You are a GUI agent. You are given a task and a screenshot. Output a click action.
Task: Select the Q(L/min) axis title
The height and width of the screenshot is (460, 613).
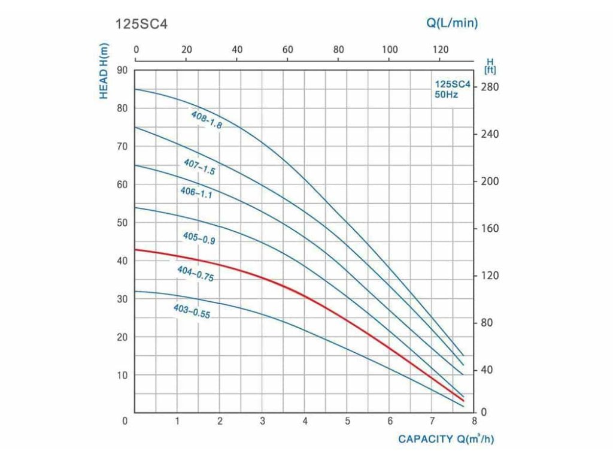pos(452,23)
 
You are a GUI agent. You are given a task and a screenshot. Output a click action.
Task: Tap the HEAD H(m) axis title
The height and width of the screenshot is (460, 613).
pos(104,71)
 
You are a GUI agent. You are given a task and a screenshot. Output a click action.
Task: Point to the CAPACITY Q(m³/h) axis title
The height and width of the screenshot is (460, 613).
pos(447,439)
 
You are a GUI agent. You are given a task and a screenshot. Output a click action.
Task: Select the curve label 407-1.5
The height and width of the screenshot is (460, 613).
pos(199,167)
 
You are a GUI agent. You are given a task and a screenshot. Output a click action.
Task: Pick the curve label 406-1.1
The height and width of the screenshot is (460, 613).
pos(196,192)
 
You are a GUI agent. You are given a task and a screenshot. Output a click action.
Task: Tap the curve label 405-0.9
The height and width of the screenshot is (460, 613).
pos(199,238)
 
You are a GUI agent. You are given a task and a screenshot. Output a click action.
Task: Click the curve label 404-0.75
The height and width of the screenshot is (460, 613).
pos(196,274)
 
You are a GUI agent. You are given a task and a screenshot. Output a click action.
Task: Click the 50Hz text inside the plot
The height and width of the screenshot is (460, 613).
pos(446,95)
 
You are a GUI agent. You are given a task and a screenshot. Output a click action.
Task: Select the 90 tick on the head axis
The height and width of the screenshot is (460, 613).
pos(122,69)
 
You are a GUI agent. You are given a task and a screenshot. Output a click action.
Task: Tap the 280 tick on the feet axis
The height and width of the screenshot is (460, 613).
pos(490,87)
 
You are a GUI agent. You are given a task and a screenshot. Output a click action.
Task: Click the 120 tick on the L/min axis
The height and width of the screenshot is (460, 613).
pos(440,49)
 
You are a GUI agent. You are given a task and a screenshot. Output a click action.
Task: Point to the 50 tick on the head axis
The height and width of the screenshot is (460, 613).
pos(122,223)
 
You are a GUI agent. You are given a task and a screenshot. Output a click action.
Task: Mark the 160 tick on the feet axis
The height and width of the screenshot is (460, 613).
pos(490,229)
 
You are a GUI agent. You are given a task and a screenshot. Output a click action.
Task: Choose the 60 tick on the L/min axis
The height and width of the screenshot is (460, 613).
pos(288,49)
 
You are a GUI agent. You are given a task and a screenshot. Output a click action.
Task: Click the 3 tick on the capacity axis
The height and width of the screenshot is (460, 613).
pos(262,420)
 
